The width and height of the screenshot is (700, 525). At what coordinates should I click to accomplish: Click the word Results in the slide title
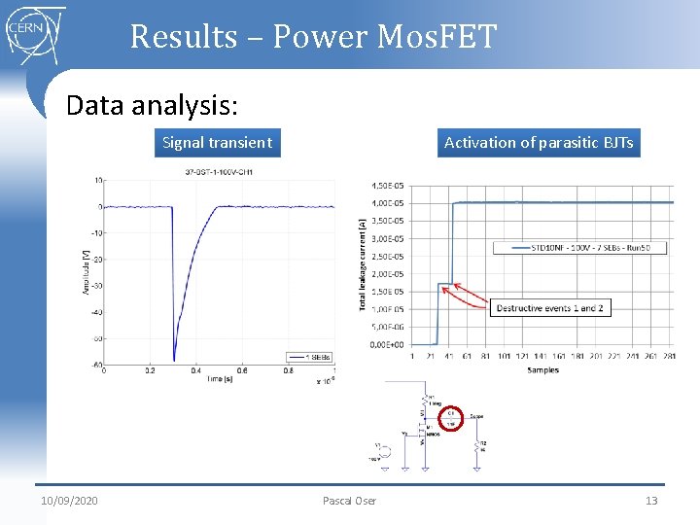(183, 37)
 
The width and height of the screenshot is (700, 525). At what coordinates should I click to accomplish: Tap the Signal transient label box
(217, 143)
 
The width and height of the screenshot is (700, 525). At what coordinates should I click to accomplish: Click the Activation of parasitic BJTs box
(538, 143)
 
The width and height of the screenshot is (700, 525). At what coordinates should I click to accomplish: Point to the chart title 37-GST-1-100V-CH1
(219, 172)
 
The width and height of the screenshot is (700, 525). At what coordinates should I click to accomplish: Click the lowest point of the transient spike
(174, 359)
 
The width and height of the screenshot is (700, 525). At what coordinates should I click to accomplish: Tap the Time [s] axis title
(218, 379)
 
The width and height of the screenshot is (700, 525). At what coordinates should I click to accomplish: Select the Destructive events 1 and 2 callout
(549, 308)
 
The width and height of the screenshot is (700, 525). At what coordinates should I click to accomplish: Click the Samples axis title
(542, 370)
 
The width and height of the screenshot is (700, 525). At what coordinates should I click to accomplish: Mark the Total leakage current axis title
(364, 263)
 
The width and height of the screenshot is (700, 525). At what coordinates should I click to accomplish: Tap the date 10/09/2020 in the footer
(69, 501)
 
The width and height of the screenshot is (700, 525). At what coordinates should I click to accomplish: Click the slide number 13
(651, 501)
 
